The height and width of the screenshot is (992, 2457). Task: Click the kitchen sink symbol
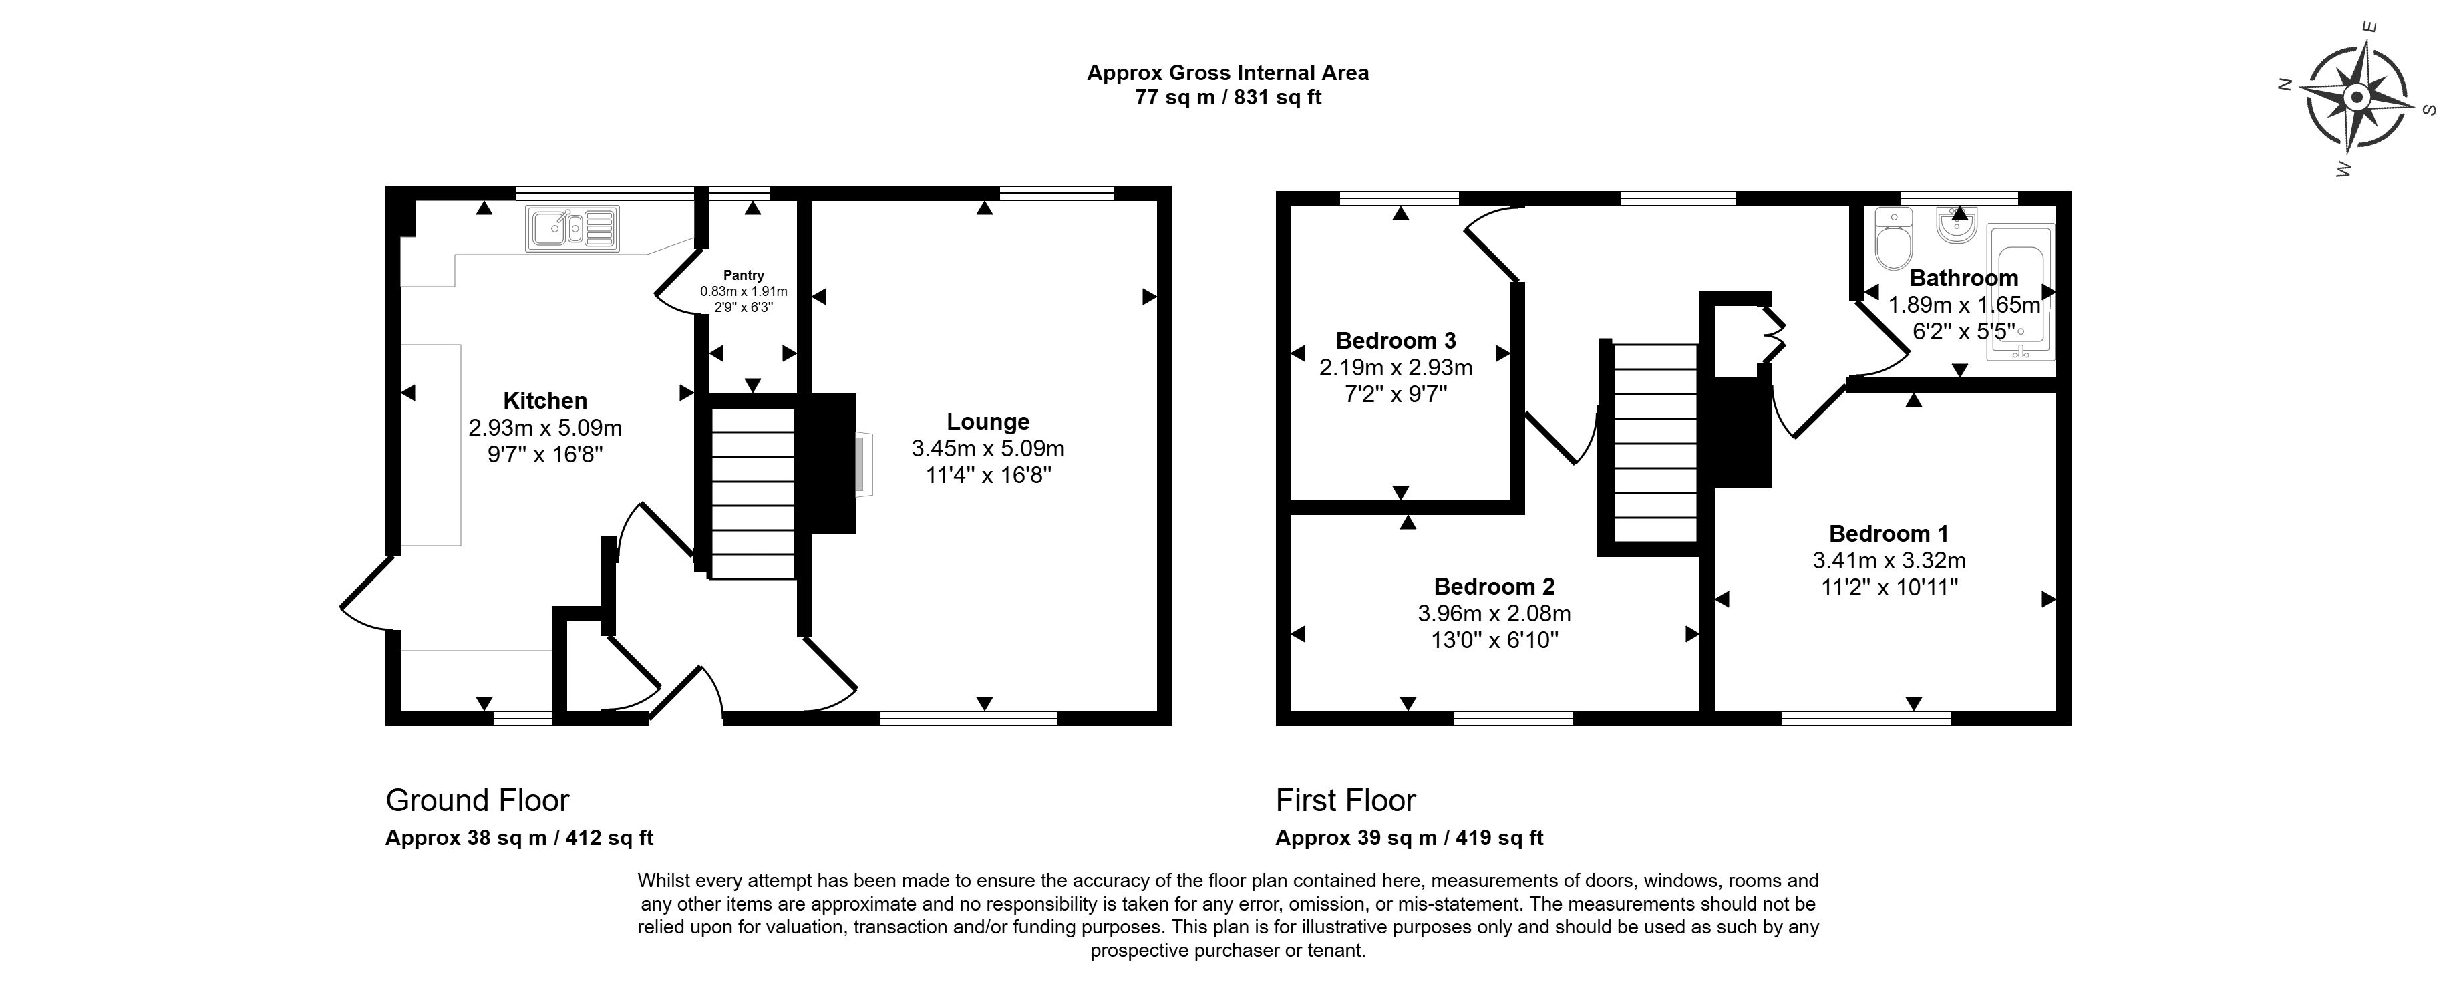point(571,229)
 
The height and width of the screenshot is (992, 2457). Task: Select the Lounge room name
point(987,422)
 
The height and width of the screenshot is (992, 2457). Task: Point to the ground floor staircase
point(753,493)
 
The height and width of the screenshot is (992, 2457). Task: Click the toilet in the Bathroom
point(1893,238)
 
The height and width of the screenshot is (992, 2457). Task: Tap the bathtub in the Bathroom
point(2020,293)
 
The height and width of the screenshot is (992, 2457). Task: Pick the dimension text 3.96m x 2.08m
point(1494,613)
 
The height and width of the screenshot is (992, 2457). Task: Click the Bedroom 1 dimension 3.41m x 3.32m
point(1889,561)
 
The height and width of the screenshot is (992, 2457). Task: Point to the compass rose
point(2355,98)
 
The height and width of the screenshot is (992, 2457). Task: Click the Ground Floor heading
point(477,800)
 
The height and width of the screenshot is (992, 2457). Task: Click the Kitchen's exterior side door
point(366,593)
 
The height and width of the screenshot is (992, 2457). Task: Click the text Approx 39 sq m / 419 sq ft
point(1409,838)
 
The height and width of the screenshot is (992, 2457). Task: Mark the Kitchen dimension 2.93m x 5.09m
point(544,428)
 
